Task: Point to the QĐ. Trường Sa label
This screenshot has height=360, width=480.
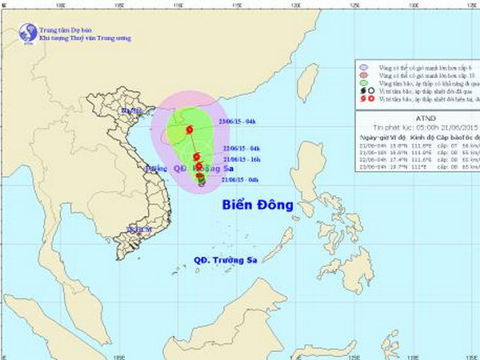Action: tap(228, 261)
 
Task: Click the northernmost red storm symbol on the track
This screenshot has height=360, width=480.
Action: tap(189, 129)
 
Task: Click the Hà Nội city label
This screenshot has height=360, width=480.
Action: tap(129, 110)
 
